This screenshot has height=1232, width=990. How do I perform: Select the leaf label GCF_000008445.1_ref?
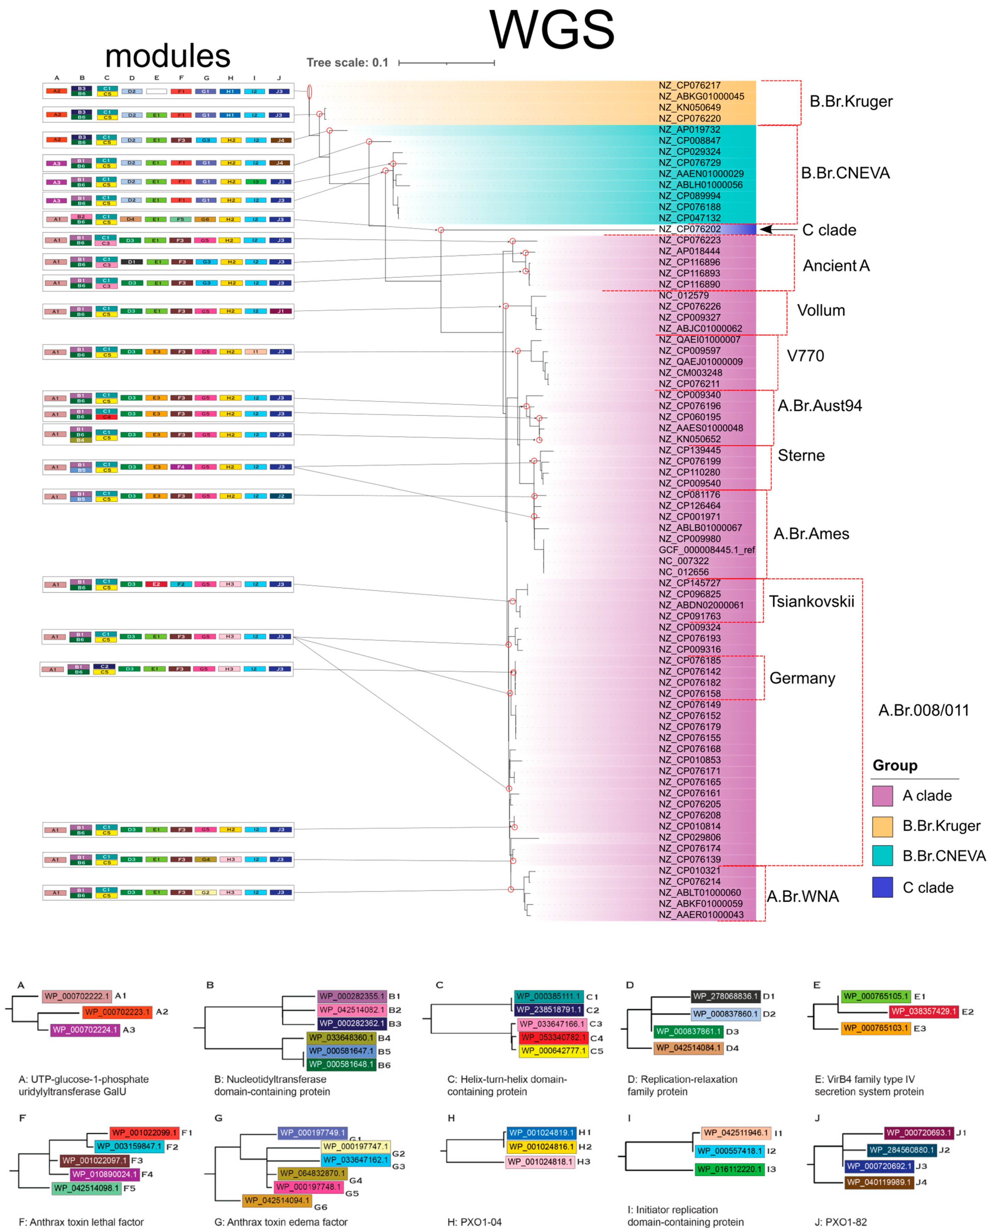click(707, 550)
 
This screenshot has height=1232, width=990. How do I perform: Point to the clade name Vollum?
click(821, 310)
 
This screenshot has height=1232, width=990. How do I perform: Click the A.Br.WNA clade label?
click(803, 896)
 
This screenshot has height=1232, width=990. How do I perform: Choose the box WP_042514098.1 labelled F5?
click(87, 1188)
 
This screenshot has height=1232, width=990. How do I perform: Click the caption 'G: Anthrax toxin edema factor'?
click(280, 1222)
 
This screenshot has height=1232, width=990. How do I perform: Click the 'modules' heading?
click(167, 56)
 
